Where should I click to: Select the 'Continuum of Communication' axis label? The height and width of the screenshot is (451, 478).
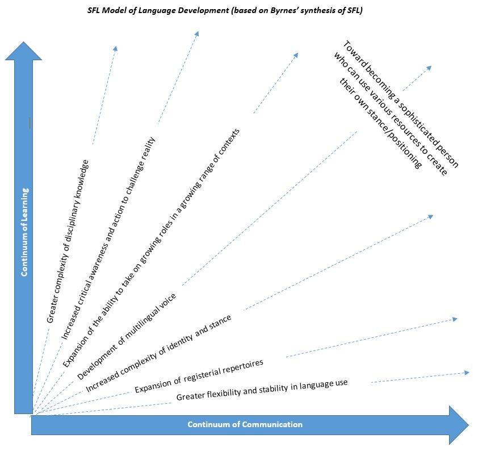245,424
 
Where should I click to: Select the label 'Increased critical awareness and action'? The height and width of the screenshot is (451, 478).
108,239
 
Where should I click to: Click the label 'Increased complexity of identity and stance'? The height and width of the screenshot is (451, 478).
158,353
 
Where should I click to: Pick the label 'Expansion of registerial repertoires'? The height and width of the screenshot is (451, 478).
199,376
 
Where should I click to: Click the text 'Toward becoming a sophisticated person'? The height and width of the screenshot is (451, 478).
400,103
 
